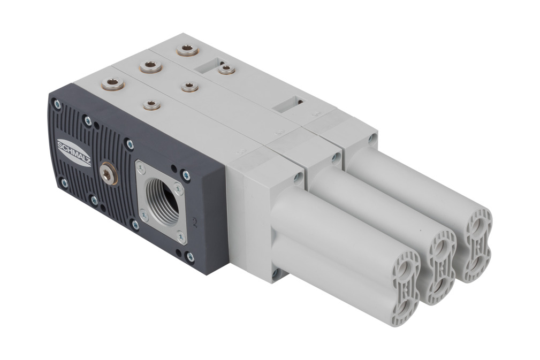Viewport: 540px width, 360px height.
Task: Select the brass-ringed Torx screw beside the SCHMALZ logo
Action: click(x=108, y=174)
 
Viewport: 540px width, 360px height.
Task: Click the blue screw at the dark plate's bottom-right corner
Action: click(x=189, y=257)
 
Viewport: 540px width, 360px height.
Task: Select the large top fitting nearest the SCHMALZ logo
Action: click(x=113, y=83)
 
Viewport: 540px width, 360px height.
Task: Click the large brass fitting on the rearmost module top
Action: click(x=187, y=50)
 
